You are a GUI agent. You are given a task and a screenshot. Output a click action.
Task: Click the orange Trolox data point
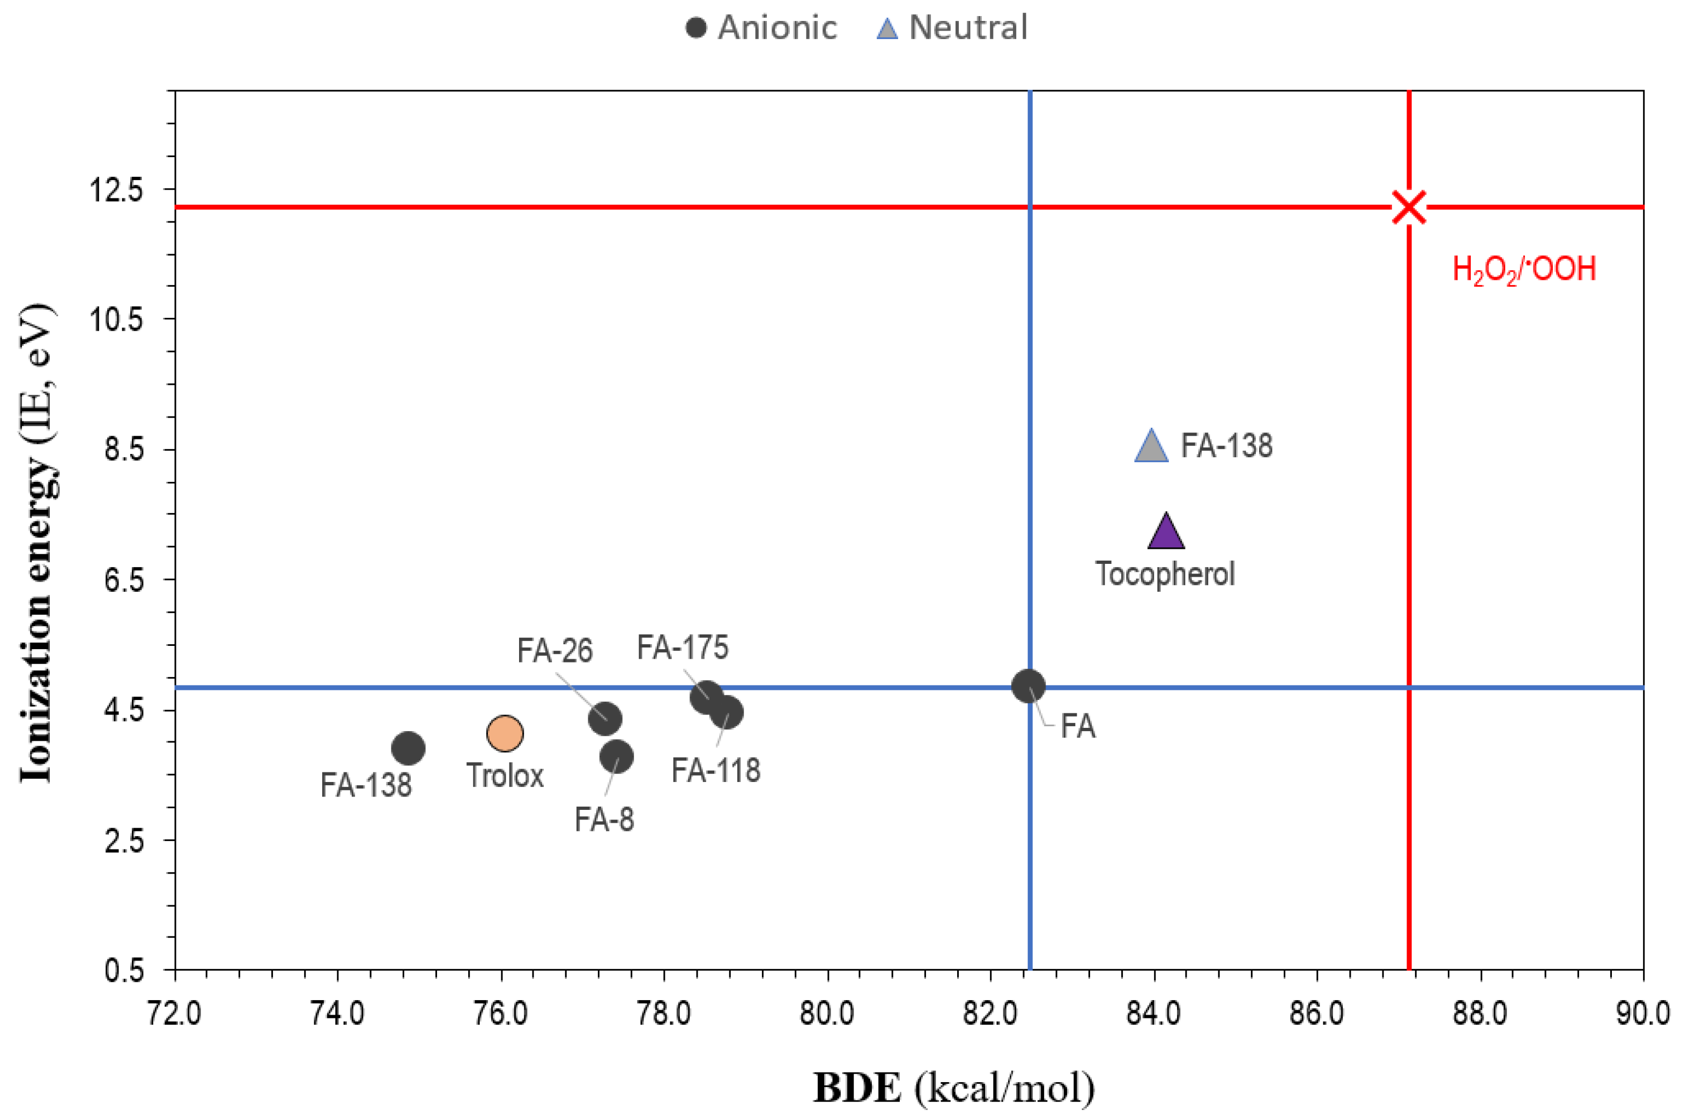505,732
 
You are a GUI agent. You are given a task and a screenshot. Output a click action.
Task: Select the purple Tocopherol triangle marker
1166,533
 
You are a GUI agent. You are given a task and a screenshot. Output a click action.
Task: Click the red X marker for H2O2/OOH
1409,207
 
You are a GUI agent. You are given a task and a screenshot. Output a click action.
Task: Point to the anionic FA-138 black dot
408,748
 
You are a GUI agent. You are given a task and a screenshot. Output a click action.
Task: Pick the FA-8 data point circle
616,756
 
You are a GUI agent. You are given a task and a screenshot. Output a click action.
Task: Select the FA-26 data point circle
605,718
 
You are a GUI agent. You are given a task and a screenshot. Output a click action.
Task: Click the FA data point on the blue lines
1028,687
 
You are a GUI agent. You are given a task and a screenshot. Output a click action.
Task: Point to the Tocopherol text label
1165,574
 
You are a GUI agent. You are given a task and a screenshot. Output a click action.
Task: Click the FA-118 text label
715,771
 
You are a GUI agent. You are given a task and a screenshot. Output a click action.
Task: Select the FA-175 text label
682,647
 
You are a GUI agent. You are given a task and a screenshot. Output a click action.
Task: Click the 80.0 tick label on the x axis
826,1013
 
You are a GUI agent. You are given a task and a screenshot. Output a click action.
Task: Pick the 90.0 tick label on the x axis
1642,1013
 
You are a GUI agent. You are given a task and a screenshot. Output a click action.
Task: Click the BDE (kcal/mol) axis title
953,1087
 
